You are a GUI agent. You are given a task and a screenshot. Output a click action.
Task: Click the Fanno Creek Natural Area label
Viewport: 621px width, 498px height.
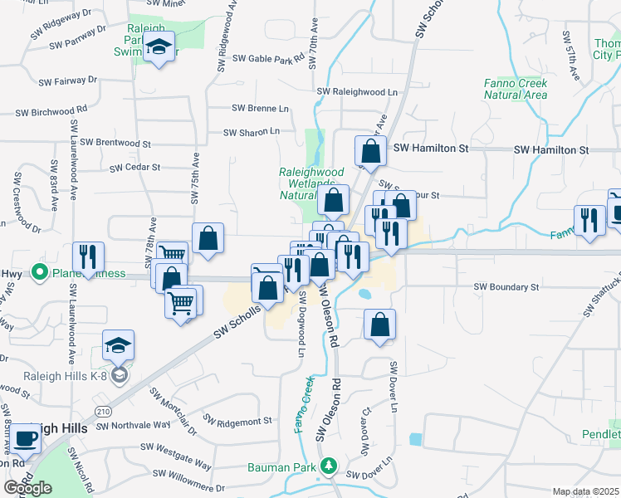(516, 89)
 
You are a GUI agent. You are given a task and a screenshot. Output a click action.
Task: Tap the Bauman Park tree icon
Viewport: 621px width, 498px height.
(330, 466)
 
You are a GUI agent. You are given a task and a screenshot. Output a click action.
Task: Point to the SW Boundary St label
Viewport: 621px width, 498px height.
(506, 287)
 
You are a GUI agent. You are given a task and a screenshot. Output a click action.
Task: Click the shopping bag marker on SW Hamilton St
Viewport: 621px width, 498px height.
(370, 151)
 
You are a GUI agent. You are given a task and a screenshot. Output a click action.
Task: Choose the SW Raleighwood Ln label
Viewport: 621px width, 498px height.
(357, 92)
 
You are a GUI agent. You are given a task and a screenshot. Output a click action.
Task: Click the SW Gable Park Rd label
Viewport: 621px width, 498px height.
(269, 59)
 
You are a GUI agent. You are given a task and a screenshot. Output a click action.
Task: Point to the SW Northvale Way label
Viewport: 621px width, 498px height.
(133, 427)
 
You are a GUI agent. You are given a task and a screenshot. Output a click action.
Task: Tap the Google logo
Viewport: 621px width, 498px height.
(28, 488)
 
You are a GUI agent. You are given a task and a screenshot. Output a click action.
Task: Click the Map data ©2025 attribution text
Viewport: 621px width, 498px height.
(584, 492)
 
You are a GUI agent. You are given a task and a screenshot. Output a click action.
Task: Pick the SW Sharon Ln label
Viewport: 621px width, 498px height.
(252, 132)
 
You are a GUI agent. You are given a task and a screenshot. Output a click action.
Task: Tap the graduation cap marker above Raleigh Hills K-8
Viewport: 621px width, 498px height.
(119, 346)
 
